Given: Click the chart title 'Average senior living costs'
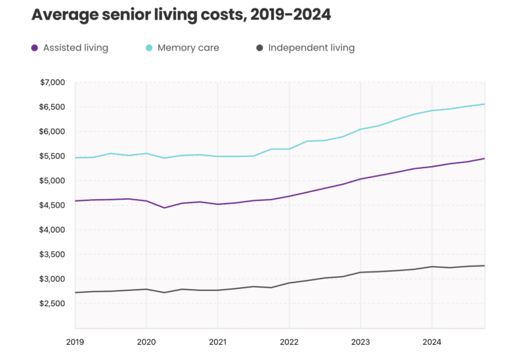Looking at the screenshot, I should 181,15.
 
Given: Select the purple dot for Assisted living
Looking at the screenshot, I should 35,48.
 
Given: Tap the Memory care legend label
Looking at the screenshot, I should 188,48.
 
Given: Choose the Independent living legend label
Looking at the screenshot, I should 311,48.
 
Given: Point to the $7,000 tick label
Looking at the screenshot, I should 53,83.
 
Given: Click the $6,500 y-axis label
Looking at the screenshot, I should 53,107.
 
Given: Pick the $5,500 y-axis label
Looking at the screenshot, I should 53,156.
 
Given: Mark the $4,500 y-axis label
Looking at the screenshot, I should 53,206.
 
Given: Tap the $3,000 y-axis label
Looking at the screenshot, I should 53,279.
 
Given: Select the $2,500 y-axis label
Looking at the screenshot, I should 53,304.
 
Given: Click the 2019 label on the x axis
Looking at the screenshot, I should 75,342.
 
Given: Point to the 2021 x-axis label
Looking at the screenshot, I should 217,342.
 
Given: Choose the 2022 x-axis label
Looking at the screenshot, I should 289,342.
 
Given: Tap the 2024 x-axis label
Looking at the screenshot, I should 432,342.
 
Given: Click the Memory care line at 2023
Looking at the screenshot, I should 360,129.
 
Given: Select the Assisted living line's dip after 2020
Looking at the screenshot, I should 164,208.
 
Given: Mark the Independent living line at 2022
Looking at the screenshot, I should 289,283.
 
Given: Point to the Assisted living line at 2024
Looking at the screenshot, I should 432,166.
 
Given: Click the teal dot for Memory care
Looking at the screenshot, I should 149,48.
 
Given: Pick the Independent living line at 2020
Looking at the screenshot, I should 146,289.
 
